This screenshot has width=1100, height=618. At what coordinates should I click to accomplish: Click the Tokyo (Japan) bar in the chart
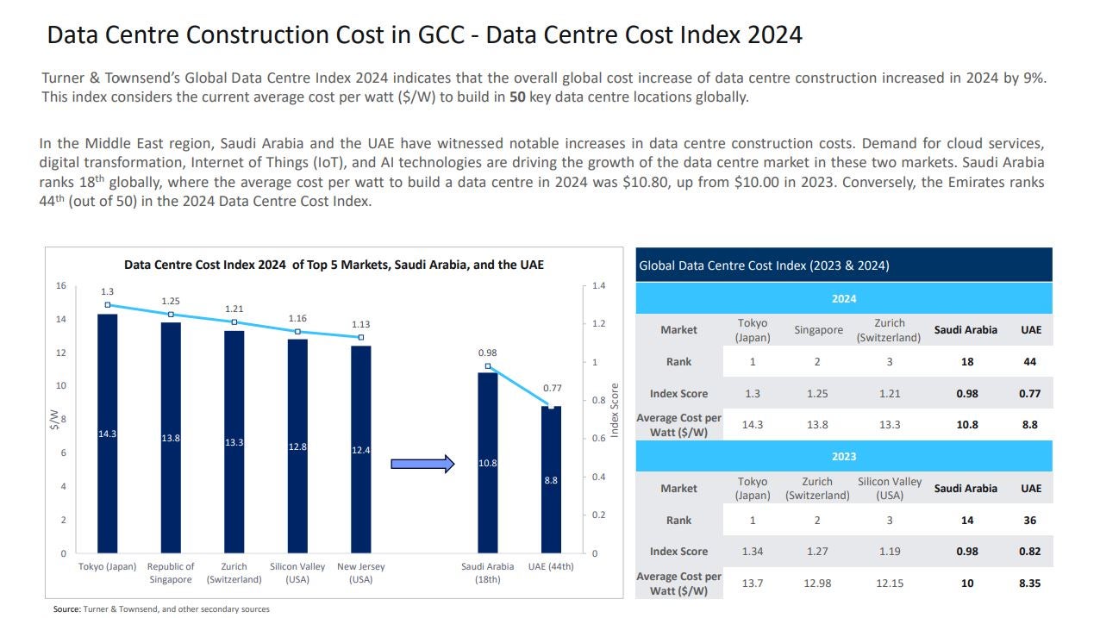107,433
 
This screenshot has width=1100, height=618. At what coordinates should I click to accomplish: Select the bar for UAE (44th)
551,479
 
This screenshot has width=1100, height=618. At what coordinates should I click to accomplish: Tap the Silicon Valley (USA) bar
297,446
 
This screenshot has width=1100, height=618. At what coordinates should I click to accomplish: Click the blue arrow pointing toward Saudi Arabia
422,464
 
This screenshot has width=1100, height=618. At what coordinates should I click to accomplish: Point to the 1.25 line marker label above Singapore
171,301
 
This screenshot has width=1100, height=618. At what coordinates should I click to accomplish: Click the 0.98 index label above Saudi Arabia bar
488,353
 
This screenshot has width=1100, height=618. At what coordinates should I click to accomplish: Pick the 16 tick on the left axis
61,286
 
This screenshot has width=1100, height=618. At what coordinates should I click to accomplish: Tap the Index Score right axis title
615,410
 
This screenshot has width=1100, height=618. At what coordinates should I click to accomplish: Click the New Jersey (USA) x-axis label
360,573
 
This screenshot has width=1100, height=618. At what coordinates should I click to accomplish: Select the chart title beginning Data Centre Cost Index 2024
334,265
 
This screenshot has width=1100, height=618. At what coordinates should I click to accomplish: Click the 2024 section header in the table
843,298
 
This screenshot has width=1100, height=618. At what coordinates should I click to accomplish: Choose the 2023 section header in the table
843,456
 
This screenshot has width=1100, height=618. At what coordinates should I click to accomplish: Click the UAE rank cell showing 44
1029,362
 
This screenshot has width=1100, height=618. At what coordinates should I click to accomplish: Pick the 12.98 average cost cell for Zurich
817,584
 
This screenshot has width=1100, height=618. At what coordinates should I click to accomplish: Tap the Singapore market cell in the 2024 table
817,330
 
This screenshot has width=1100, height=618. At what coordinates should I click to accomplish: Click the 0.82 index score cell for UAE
1029,552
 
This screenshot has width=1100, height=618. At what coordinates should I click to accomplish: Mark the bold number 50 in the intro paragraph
516,97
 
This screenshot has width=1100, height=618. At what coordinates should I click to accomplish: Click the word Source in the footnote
66,609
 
